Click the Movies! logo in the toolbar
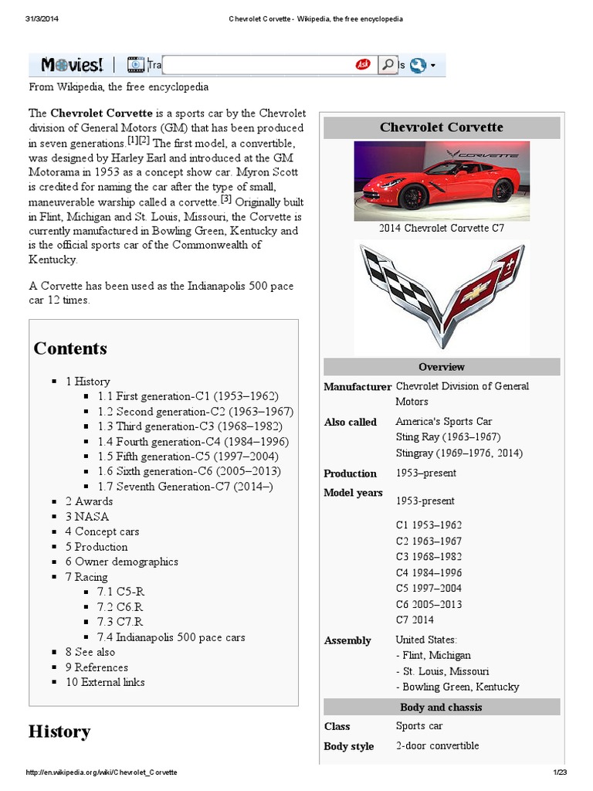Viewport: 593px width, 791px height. tap(73, 65)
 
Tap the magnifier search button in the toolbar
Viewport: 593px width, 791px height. tap(387, 65)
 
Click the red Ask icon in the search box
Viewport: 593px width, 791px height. tap(363, 65)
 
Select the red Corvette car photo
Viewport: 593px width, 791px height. tap(442, 181)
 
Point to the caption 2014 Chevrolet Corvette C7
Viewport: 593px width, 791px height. tap(442, 229)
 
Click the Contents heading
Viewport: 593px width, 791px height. tap(70, 348)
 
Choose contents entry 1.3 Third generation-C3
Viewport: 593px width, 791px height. tap(190, 426)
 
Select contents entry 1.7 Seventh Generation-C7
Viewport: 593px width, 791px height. tap(185, 487)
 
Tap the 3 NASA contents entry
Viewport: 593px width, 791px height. tap(86, 517)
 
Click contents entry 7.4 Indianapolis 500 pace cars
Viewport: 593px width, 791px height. tap(171, 637)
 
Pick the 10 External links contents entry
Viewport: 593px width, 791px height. tap(104, 682)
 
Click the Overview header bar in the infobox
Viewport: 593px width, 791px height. tap(442, 367)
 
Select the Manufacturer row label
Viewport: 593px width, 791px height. tap(357, 387)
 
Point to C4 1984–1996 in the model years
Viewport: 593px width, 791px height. tap(429, 572)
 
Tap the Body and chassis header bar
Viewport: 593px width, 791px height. tap(442, 707)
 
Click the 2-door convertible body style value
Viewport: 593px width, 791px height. tap(437, 745)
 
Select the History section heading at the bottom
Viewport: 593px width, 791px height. tap(59, 732)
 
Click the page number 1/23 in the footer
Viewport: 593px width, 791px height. tap(560, 772)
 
